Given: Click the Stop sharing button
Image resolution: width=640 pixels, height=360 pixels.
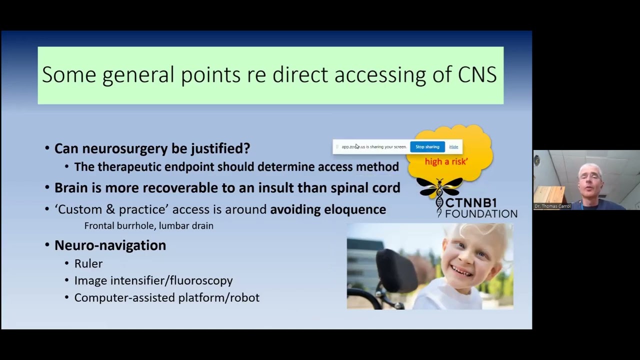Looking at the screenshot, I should pos(427,146).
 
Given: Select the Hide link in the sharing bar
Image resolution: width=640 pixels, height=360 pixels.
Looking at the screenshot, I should pos(453,146).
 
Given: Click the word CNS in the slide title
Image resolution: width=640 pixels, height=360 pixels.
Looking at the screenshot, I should pos(477,74).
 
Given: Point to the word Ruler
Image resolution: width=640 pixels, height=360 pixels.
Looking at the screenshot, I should pos(88,263).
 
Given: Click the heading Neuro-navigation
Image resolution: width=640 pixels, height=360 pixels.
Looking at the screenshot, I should pos(110,245).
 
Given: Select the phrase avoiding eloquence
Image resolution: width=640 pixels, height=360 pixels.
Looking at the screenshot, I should pos(328,209).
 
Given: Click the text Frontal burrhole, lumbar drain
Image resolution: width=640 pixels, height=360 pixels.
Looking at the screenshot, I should pos(148,226).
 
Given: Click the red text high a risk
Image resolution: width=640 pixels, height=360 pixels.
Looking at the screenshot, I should pos(446,161).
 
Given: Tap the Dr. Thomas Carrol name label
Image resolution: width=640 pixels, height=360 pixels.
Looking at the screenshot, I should pos(552,206).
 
